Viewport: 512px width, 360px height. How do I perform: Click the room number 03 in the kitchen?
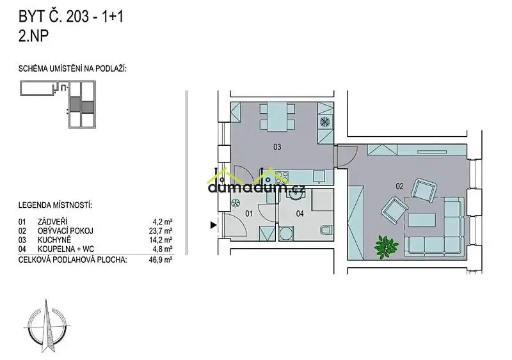[x=277, y=147]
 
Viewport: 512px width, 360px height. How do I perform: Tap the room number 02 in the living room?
[x=399, y=186]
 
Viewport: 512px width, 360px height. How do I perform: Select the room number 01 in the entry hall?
[x=249, y=214]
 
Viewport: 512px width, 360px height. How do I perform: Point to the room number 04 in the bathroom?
[x=300, y=214]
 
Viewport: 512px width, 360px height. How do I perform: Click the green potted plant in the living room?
[x=387, y=247]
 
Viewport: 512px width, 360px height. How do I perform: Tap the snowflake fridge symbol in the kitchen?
[x=325, y=122]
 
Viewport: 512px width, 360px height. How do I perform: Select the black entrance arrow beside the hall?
[x=214, y=225]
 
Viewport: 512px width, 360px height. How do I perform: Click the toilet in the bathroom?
[x=326, y=230]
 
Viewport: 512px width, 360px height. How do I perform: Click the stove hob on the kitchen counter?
[x=282, y=178]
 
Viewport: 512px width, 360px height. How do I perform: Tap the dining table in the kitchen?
[x=277, y=116]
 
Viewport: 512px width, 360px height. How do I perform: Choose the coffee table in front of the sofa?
[x=422, y=220]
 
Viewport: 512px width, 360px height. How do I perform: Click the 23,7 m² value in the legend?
[x=161, y=231]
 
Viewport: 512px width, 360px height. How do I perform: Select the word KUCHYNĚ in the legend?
[x=54, y=240]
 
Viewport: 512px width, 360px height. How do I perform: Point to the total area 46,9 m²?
[x=161, y=260]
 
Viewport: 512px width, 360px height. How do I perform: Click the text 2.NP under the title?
[x=34, y=36]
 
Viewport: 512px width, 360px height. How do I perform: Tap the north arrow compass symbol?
[x=47, y=325]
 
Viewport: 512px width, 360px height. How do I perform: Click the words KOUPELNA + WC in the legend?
[x=66, y=249]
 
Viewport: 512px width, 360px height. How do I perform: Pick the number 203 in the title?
[x=77, y=17]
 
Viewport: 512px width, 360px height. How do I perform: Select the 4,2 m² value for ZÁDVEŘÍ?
[x=163, y=222]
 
